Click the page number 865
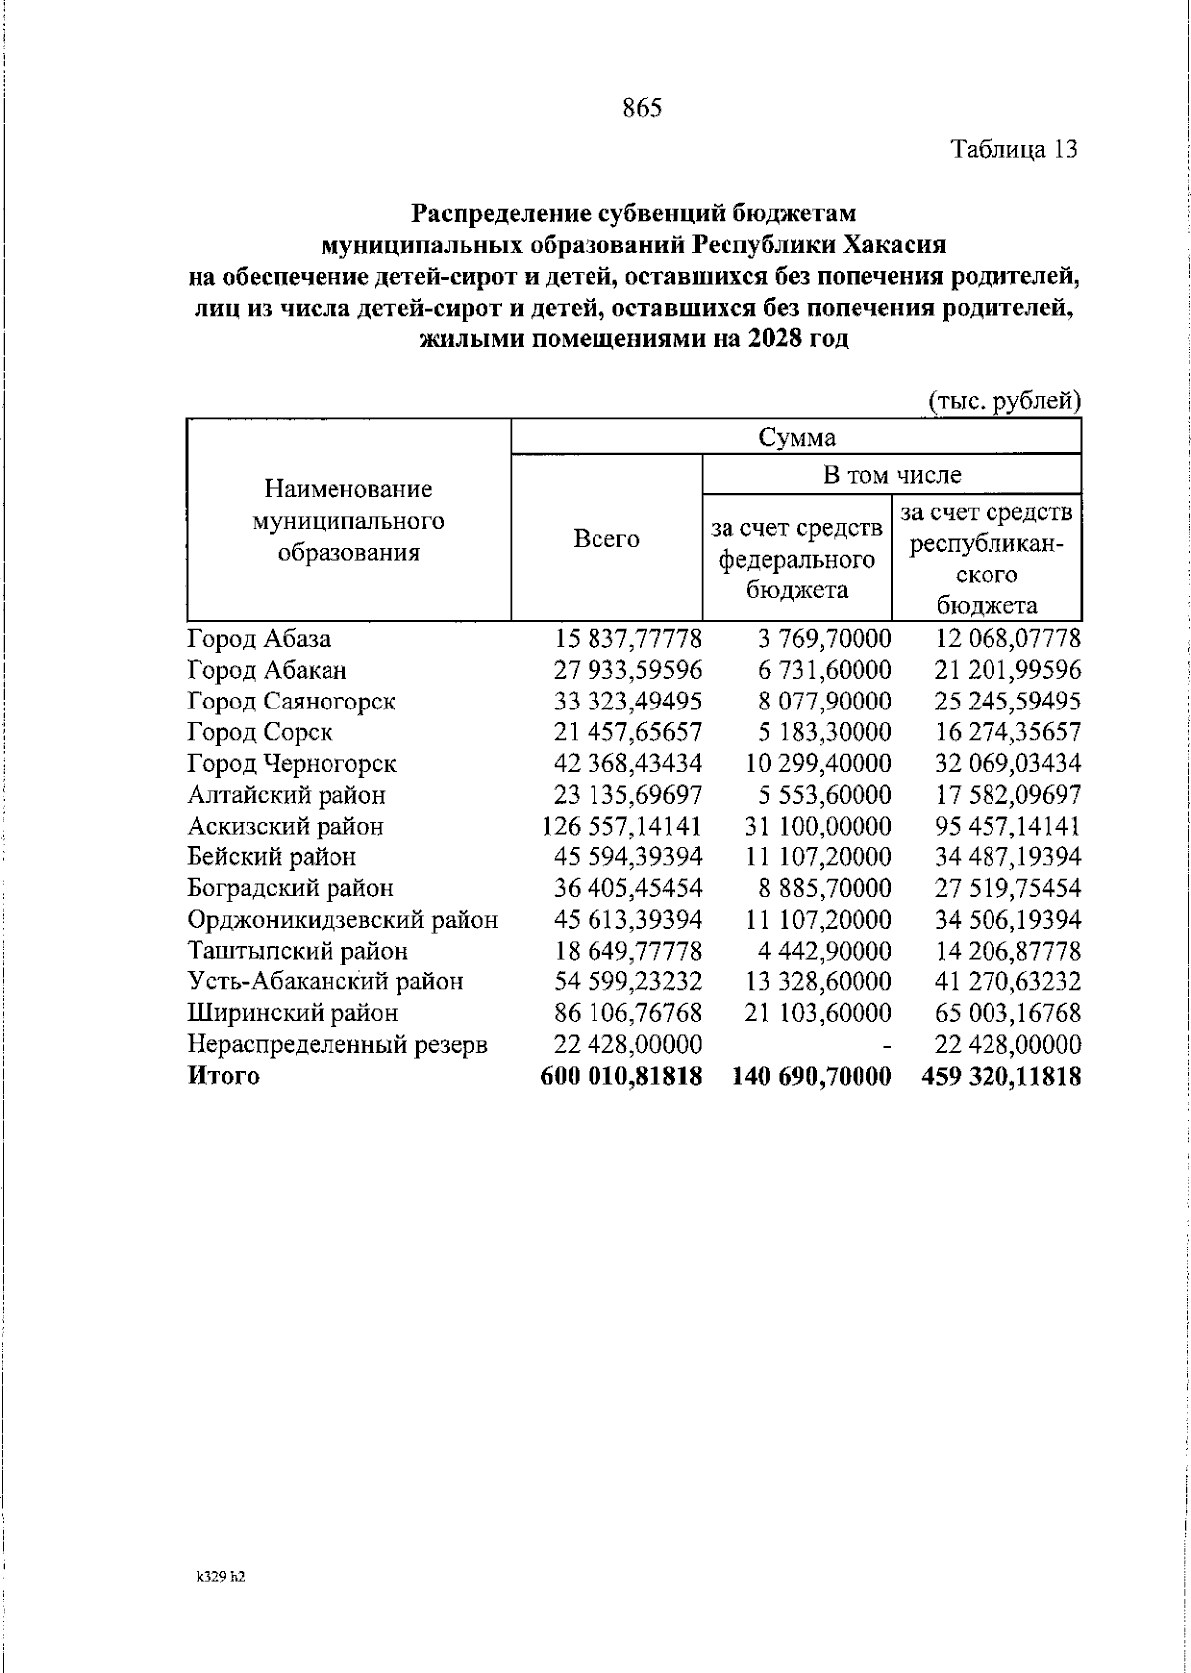click(x=642, y=108)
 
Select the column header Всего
click(x=606, y=540)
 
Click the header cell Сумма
click(x=796, y=437)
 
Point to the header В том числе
click(x=891, y=475)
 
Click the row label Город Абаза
click(x=259, y=639)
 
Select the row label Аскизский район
click(x=286, y=826)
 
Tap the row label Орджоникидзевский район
click(x=342, y=920)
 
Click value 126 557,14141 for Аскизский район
click(x=622, y=826)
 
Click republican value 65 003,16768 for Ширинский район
click(x=1007, y=1013)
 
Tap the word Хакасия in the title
click(x=894, y=243)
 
